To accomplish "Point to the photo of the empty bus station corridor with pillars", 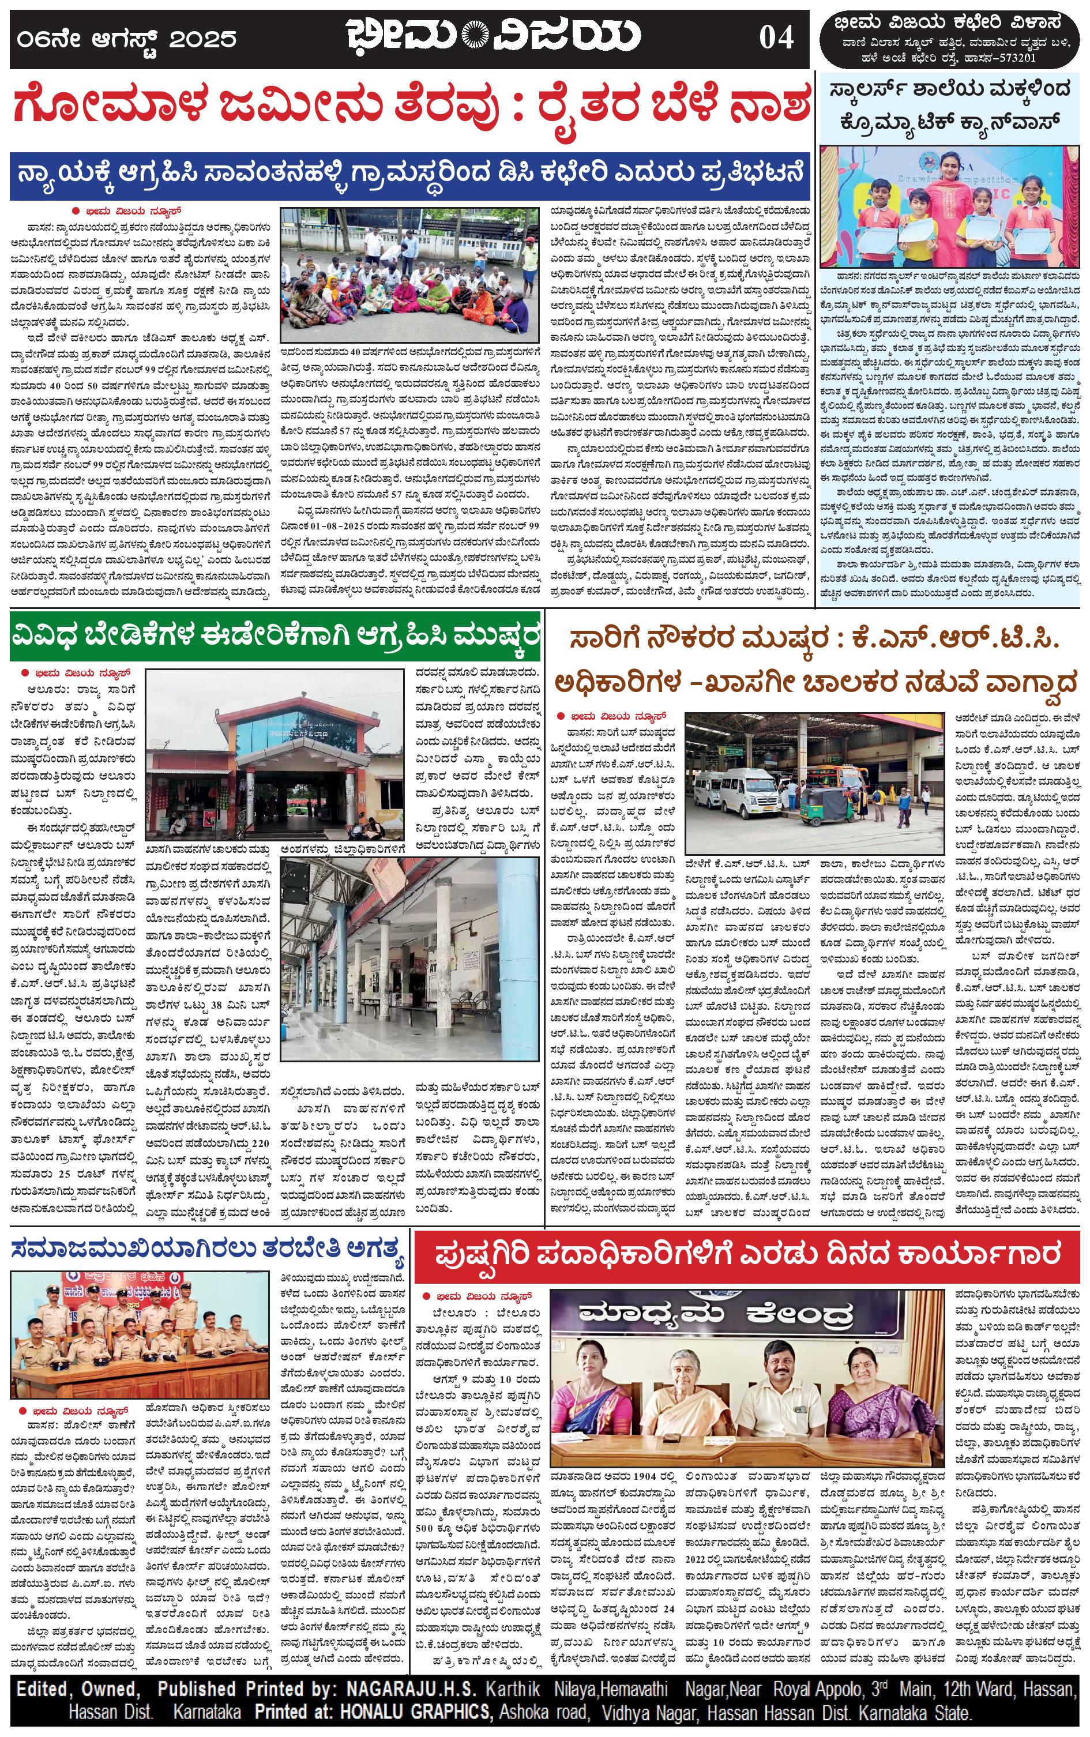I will (x=409, y=955).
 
